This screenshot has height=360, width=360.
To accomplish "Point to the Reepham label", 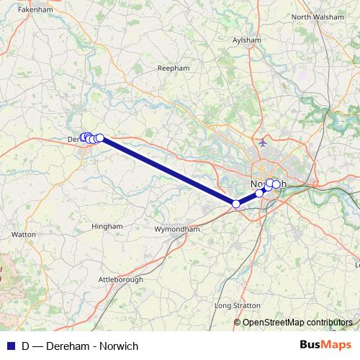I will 172,68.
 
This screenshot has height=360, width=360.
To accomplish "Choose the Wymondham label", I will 176,229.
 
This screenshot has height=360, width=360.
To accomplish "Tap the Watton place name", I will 24,235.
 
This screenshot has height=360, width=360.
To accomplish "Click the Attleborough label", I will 121,279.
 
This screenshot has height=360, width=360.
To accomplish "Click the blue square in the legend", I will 11,346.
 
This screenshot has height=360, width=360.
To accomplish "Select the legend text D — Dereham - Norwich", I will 80,346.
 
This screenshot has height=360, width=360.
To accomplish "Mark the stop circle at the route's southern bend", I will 236,204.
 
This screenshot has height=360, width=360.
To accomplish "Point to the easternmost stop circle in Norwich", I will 276,184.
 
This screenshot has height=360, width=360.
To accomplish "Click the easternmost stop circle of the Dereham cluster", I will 100,138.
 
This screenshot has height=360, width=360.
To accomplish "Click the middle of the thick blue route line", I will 168,171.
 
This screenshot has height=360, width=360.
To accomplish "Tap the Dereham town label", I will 73,138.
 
